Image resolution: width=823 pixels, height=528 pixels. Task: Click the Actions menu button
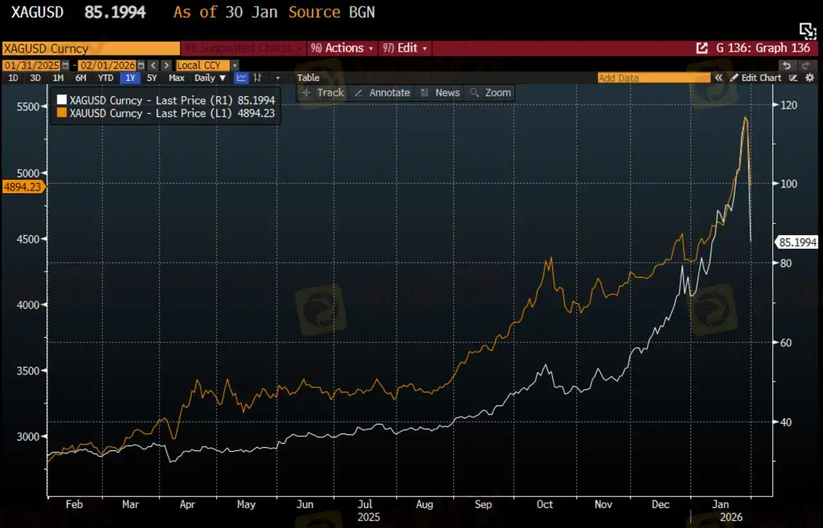[341, 48]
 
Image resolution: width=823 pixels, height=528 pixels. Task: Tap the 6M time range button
[80, 78]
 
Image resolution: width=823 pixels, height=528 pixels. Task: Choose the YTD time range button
[105, 78]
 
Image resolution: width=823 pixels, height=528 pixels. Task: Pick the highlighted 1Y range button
[131, 78]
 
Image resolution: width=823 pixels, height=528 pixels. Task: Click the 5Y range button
[152, 78]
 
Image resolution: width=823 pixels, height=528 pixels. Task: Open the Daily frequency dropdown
[210, 78]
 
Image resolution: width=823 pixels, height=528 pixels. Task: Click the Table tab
[308, 78]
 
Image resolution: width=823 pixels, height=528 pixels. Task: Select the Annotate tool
[383, 92]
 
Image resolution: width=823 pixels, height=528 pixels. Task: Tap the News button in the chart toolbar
[440, 92]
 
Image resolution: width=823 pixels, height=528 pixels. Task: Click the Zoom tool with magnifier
[491, 92]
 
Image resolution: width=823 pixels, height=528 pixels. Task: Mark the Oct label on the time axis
[545, 504]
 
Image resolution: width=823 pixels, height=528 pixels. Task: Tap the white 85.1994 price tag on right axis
[797, 242]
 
